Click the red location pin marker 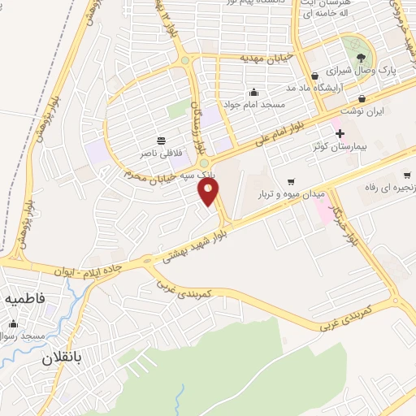point(210,192)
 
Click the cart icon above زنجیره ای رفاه point(406,175)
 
